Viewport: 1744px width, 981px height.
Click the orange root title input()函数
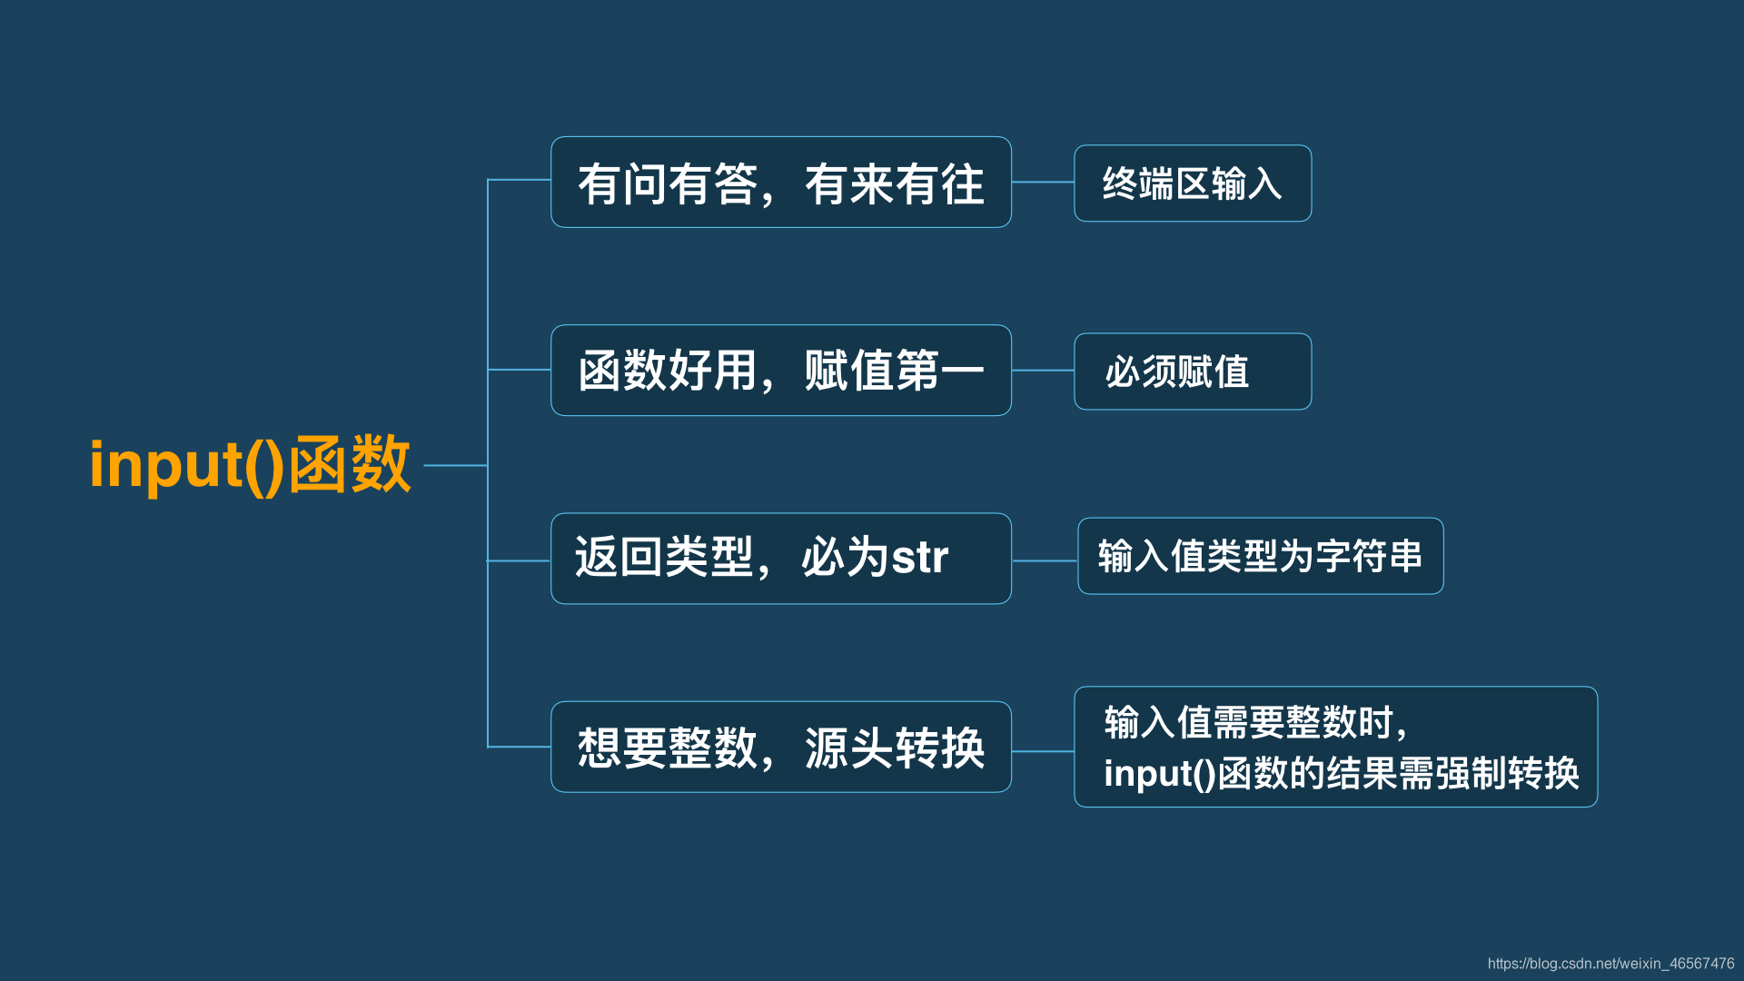click(x=250, y=465)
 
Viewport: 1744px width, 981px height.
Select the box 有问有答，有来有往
click(x=780, y=183)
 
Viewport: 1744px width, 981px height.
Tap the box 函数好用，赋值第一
click(x=780, y=371)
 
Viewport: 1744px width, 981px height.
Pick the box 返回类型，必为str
click(x=780, y=559)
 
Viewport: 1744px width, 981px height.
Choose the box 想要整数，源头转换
click(x=780, y=747)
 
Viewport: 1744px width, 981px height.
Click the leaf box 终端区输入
click(x=1192, y=183)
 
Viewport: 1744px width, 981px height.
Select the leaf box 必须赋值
click(x=1192, y=372)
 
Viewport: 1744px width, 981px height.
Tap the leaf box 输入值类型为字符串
click(x=1260, y=556)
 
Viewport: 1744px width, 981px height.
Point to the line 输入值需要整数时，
click(x=1255, y=723)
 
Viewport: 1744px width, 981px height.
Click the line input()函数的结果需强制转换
click(x=1341, y=774)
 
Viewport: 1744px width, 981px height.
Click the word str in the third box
click(x=919, y=558)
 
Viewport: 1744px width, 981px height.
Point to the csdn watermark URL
click(x=1610, y=964)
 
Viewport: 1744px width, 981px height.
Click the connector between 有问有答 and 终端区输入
click(x=1043, y=183)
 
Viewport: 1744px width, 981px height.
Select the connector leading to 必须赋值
click(x=1043, y=371)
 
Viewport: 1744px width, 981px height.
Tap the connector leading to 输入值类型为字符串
click(x=1045, y=560)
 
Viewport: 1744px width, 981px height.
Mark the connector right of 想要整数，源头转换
click(x=1043, y=751)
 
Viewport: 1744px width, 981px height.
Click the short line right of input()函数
click(x=455, y=465)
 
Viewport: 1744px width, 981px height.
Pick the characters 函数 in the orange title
click(x=350, y=465)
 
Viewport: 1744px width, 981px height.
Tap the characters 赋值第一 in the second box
click(x=894, y=371)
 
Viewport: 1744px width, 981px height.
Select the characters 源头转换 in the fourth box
click(x=894, y=748)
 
